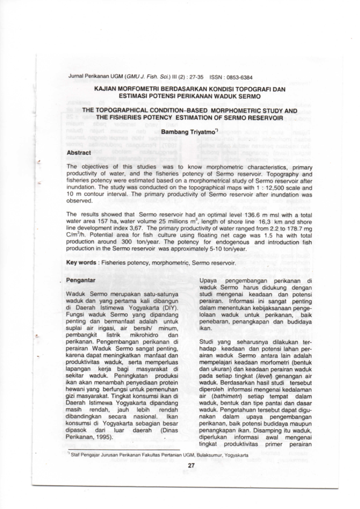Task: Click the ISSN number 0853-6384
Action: pyautogui.click(x=238, y=77)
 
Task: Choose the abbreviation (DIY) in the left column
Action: pyautogui.click(x=163, y=307)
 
